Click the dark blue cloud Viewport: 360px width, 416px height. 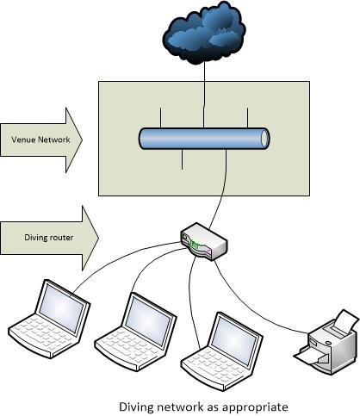point(202,34)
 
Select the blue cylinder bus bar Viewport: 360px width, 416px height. point(203,139)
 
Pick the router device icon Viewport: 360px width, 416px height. point(204,240)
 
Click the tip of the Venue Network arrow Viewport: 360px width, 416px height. point(82,139)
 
